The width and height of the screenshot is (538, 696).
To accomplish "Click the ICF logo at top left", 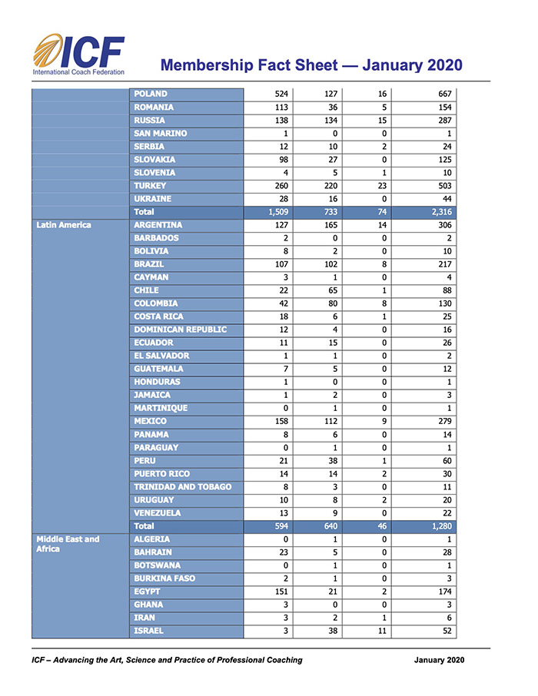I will (x=78, y=55).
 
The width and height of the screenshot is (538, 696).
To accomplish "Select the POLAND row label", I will (x=151, y=94).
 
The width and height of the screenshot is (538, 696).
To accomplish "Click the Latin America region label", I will (x=64, y=225).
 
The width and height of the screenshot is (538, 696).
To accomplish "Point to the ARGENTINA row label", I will (x=158, y=225).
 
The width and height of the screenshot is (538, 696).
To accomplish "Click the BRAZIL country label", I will (x=149, y=264).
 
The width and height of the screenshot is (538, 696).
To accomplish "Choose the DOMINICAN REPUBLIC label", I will (x=181, y=330).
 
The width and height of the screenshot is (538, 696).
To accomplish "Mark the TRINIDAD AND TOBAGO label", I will (x=183, y=486).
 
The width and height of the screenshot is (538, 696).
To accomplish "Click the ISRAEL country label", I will (x=149, y=631).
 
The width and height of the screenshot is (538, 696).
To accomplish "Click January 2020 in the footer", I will (x=439, y=660).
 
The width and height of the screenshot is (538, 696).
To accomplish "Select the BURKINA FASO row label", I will (x=164, y=578).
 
